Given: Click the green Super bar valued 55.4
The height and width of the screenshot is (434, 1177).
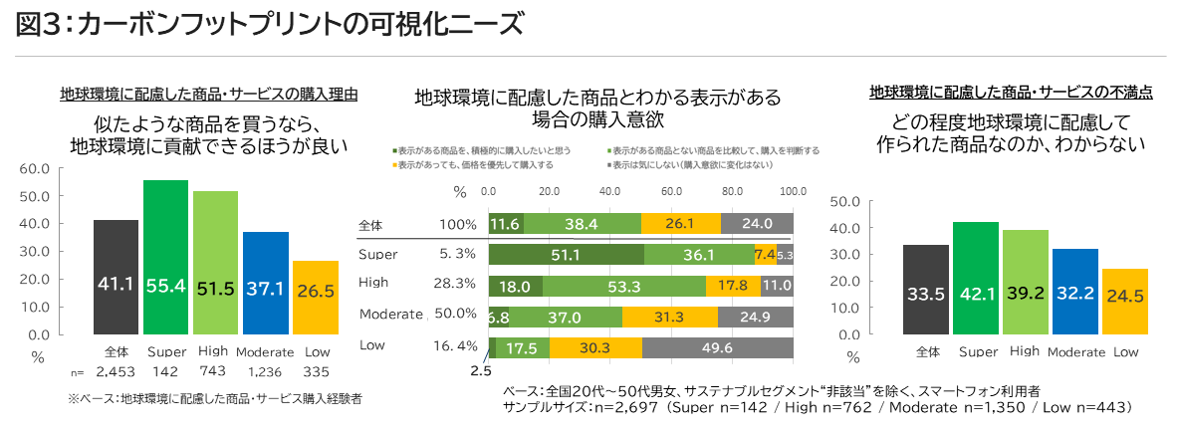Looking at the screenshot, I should [x=165, y=259].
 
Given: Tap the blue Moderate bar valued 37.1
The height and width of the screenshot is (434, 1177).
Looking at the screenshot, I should [x=265, y=285].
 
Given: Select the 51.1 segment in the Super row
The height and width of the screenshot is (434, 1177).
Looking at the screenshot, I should [x=566, y=255].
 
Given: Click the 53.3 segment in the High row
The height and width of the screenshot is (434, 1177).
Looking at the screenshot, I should [x=623, y=286].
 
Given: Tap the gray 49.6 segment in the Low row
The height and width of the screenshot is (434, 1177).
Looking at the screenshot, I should [x=717, y=347].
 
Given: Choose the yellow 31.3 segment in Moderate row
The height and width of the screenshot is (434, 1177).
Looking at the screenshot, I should [x=670, y=317].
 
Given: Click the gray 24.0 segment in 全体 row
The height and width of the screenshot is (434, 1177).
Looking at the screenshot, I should [x=757, y=224].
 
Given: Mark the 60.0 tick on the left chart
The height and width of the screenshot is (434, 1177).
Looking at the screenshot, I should [x=36, y=168].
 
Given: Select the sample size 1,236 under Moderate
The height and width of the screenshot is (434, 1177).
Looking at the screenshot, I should [x=265, y=372].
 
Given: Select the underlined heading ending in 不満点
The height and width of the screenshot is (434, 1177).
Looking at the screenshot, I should [x=1011, y=93].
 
